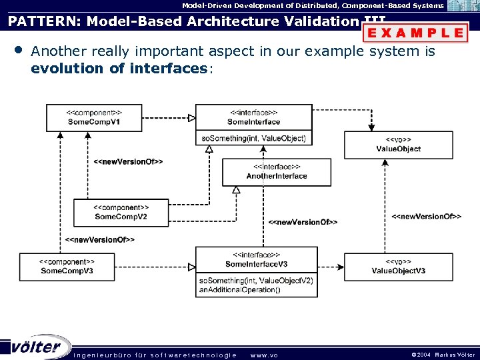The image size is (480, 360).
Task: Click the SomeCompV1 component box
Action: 93,118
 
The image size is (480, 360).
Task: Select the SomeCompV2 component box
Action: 121,212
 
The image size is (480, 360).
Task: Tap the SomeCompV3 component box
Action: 67,267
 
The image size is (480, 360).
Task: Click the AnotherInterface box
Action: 277,171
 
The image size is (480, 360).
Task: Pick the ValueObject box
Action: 398,145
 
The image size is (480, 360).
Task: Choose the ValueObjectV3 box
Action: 398,267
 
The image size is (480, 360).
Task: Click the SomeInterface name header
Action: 253,117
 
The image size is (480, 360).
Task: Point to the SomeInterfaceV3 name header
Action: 253,260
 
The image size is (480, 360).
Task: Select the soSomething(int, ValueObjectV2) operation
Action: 255,281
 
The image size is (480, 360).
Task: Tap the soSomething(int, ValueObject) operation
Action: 253,138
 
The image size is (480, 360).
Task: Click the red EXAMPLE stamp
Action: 415,32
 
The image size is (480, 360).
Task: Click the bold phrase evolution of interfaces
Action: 119,68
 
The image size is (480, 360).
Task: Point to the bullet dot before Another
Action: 17,51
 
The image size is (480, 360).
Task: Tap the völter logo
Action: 36,347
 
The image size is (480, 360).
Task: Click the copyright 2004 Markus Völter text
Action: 443,355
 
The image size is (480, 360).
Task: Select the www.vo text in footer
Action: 263,355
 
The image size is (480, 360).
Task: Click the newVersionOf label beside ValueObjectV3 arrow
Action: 426,217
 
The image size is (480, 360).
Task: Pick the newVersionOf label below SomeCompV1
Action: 128,161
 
